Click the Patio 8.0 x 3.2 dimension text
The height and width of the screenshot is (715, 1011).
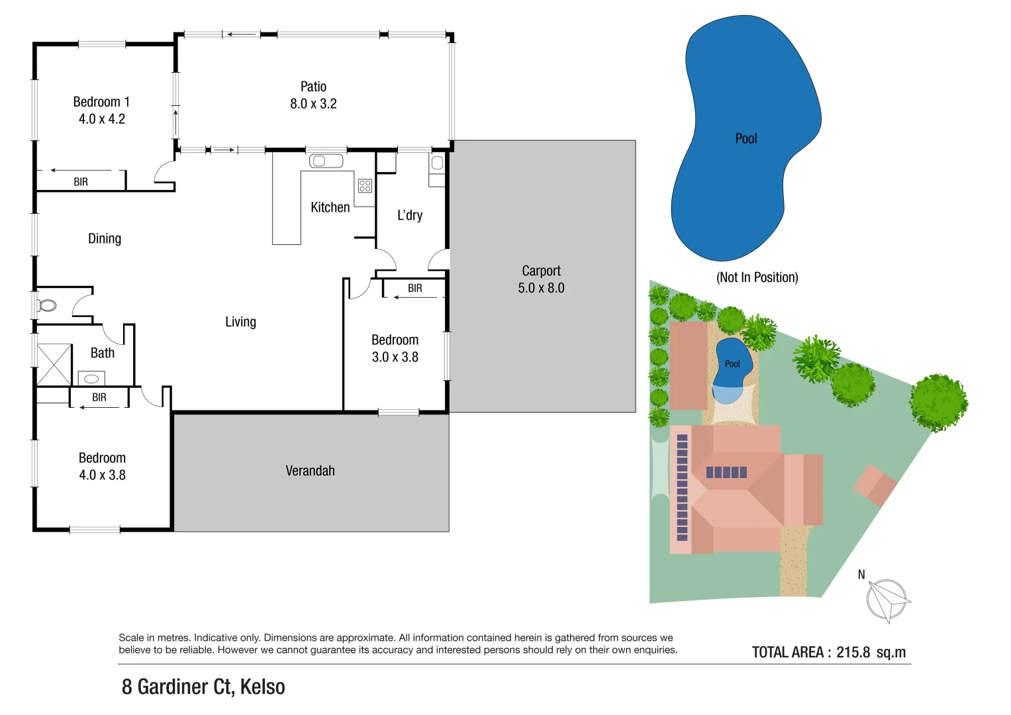(x=313, y=104)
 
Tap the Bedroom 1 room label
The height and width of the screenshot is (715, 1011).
(x=101, y=102)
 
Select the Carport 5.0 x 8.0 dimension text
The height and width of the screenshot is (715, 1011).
(x=541, y=288)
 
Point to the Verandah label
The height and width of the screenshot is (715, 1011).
(x=310, y=471)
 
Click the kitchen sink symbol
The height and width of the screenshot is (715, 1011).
(x=326, y=161)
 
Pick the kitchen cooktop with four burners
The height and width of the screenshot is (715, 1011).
(x=365, y=185)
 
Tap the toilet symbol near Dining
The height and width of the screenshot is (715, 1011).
(x=46, y=305)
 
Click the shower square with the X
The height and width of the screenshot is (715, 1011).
(x=54, y=365)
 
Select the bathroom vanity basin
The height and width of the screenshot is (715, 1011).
(x=91, y=379)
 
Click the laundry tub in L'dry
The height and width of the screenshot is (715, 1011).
(x=437, y=163)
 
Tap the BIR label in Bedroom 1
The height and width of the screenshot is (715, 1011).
(x=81, y=182)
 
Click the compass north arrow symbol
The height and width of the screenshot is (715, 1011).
(x=887, y=600)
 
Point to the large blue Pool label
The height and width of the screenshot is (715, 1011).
(x=746, y=138)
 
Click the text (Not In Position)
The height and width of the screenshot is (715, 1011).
(x=757, y=277)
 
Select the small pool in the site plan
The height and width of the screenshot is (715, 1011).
(x=732, y=365)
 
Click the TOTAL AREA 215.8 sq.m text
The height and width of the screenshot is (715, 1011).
(x=828, y=652)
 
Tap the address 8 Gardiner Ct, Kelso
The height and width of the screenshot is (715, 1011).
(x=203, y=687)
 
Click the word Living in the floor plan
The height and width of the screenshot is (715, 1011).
(x=240, y=322)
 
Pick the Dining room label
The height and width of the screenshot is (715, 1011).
(x=105, y=238)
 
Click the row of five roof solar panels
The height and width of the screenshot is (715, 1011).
(x=726, y=472)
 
